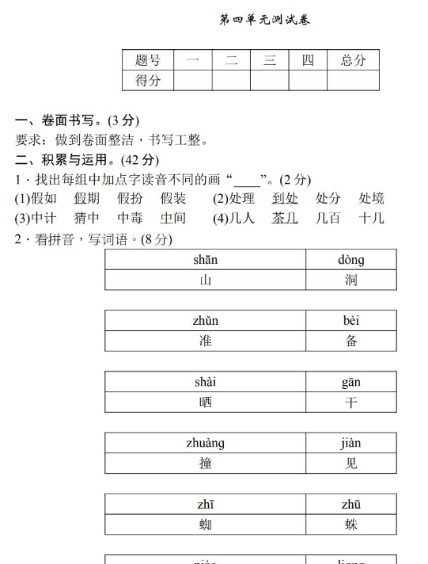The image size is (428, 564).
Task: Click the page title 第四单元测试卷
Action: pyautogui.click(x=264, y=20)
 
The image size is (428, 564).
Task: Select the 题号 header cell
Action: pyautogui.click(x=148, y=60)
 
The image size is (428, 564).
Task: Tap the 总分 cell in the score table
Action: pyautogui.click(x=353, y=60)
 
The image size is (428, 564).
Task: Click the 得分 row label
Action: pyautogui.click(x=148, y=80)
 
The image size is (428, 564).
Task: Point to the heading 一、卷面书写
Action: pyautogui.click(x=77, y=120)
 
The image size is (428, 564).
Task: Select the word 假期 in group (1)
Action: pyautogui.click(x=87, y=198)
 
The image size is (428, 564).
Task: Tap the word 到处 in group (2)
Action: pyautogui.click(x=285, y=198)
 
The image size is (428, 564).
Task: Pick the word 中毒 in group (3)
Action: pyautogui.click(x=131, y=218)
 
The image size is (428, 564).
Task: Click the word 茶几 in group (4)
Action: pyautogui.click(x=285, y=218)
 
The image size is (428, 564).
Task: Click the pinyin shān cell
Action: pyautogui.click(x=206, y=260)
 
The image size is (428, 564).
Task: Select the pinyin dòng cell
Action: pyautogui.click(x=351, y=260)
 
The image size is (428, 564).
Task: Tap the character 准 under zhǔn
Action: pyautogui.click(x=206, y=341)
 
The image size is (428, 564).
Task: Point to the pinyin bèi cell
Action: pyautogui.click(x=351, y=321)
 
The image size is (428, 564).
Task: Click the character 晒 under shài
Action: pyautogui.click(x=206, y=402)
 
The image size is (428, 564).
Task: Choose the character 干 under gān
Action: pyautogui.click(x=351, y=402)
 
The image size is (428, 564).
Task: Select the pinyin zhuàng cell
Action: pyautogui.click(x=206, y=443)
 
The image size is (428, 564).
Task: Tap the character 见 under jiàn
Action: pyautogui.click(x=351, y=463)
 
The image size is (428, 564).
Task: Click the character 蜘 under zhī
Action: pyautogui.click(x=206, y=524)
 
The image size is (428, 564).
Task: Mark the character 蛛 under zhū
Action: pyautogui.click(x=351, y=524)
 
